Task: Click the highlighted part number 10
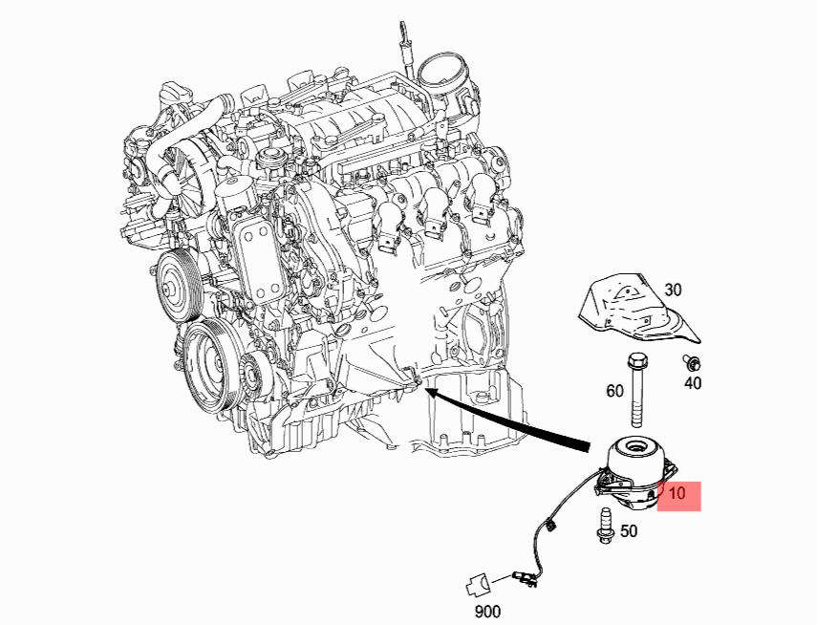(x=677, y=493)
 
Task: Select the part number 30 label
(x=674, y=290)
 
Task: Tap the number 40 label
(x=693, y=383)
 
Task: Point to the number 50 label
(x=629, y=531)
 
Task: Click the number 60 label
(x=614, y=391)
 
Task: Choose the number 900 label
(x=487, y=612)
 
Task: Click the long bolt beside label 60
(x=636, y=389)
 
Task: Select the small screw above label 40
(x=694, y=362)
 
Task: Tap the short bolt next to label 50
(x=605, y=526)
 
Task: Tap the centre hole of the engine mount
(x=635, y=446)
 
